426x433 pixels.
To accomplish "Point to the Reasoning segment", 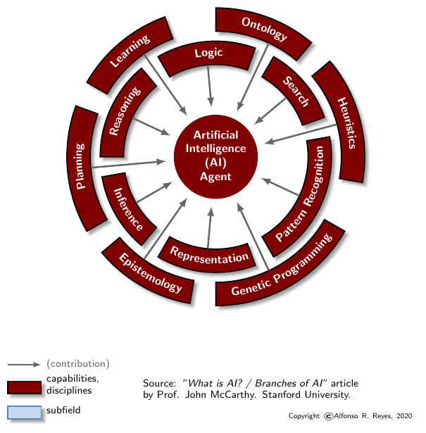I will click(124, 113).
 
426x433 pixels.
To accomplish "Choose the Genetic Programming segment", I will click(281, 268).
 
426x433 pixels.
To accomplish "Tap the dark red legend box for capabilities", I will click(25, 386).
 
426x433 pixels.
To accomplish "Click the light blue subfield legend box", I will click(25, 412).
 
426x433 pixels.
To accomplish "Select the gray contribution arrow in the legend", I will click(24, 365).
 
